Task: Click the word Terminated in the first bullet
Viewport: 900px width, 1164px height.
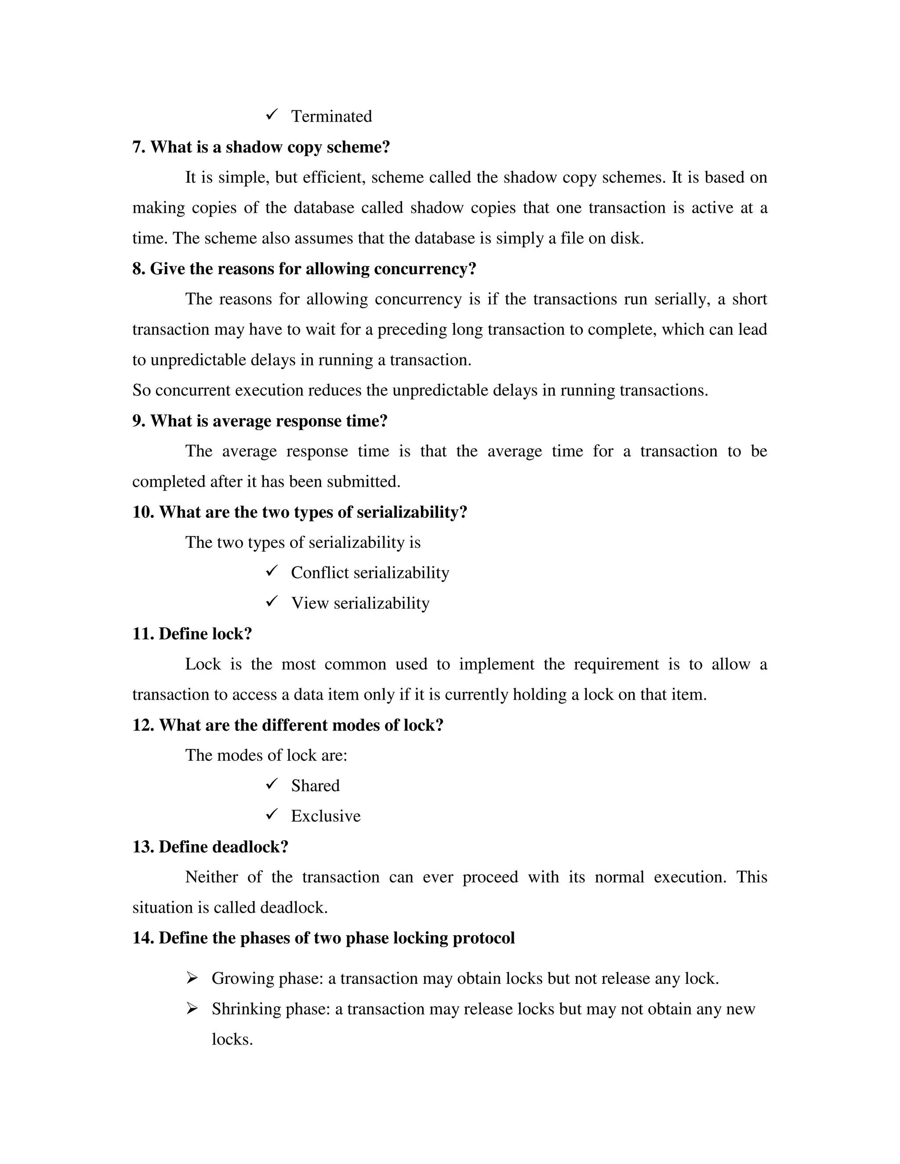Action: (x=331, y=116)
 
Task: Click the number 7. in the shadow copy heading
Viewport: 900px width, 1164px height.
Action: (x=139, y=147)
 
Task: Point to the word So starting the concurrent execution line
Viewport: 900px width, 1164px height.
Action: (x=142, y=390)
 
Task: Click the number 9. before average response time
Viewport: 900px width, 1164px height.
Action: (x=139, y=421)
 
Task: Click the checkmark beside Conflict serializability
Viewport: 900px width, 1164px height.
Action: (x=272, y=571)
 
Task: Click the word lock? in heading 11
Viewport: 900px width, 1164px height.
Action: (x=232, y=634)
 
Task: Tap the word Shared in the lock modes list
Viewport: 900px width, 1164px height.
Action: (x=315, y=786)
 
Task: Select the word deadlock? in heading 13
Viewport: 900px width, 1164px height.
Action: (x=250, y=847)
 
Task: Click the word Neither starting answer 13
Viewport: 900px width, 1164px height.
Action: (x=211, y=878)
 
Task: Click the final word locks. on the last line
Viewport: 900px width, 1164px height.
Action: (x=232, y=1040)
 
